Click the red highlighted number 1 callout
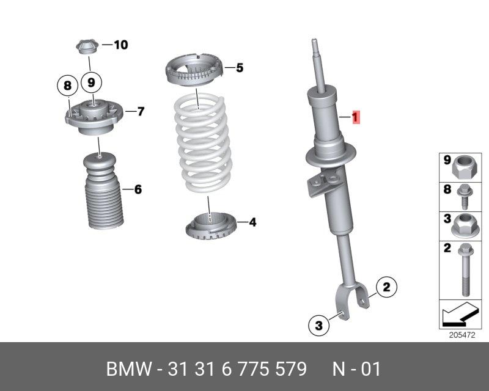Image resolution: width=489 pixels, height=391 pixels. [x=355, y=117]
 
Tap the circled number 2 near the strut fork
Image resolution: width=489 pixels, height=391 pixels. [x=386, y=287]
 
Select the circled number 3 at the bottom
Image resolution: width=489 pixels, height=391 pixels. [x=318, y=326]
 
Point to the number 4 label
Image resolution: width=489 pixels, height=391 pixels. [x=252, y=222]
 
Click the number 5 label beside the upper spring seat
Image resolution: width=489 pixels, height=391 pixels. [x=240, y=68]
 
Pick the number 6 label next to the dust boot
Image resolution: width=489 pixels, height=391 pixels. [x=138, y=189]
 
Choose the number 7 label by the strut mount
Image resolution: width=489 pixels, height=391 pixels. [x=141, y=111]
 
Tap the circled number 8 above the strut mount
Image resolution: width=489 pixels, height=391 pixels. [x=67, y=86]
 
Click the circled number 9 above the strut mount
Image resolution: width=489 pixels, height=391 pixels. [x=91, y=82]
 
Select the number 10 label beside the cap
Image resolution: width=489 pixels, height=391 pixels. [x=121, y=45]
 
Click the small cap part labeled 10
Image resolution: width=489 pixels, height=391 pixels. [x=87, y=46]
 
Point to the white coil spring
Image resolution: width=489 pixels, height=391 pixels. [x=203, y=144]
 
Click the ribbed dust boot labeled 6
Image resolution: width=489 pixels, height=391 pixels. [x=104, y=191]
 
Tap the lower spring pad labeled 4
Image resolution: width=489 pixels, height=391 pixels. [x=211, y=226]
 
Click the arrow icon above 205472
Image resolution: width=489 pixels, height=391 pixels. [x=460, y=314]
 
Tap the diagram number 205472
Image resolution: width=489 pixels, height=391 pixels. [x=462, y=335]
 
